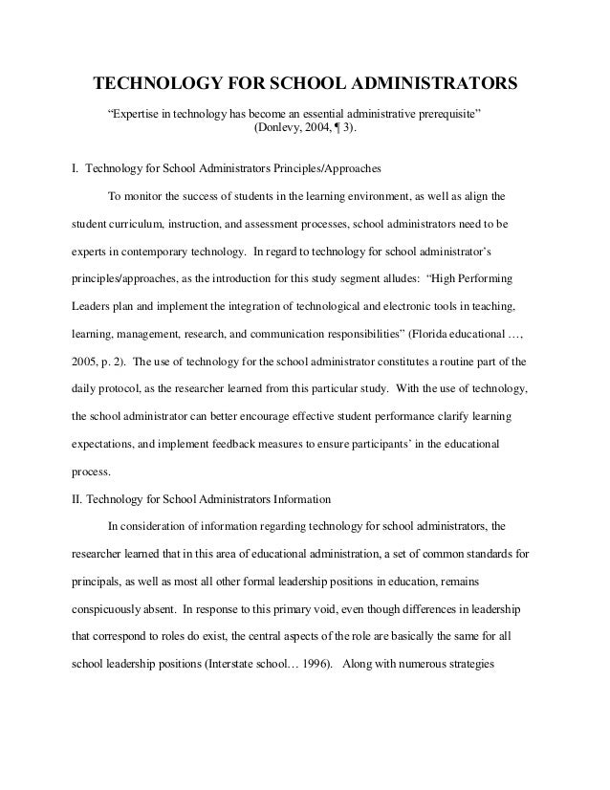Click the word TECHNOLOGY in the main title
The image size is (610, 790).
pyautogui.click(x=152, y=83)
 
